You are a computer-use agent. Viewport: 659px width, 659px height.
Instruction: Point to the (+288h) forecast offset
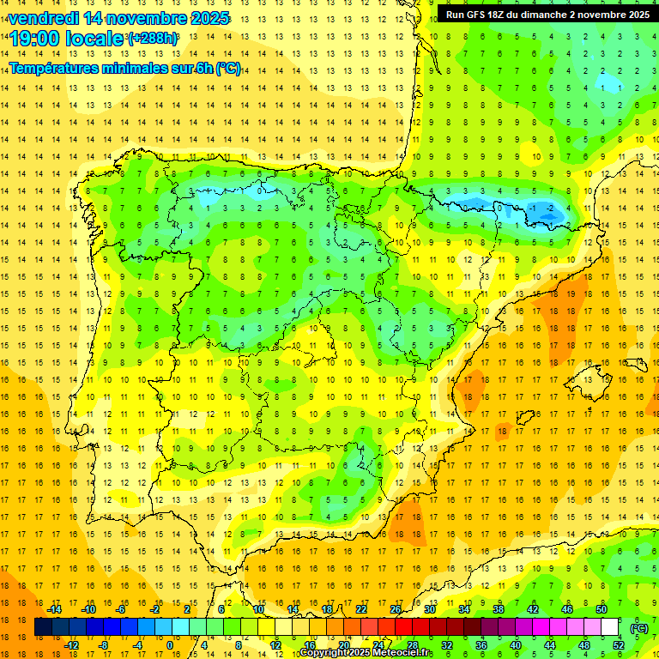(153, 39)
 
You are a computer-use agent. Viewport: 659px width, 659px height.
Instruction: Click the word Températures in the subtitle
(59, 68)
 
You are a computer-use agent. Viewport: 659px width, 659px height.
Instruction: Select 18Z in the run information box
(505, 15)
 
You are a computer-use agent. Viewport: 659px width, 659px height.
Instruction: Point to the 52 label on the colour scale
(619, 645)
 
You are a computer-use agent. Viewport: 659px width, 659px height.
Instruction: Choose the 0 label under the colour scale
(170, 645)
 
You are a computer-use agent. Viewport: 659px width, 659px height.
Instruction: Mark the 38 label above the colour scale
(499, 609)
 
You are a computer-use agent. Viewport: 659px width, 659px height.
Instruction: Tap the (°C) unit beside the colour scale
(638, 627)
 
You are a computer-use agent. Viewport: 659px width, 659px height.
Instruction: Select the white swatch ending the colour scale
(610, 627)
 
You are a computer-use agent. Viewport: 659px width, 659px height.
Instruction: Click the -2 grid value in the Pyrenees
(552, 209)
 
